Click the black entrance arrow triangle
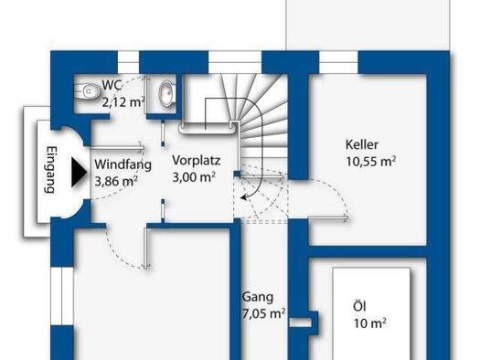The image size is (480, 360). (79, 172)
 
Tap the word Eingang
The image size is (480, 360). (51, 170)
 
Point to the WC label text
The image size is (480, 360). (112, 85)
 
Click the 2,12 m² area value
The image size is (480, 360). (123, 101)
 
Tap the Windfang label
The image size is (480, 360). (123, 164)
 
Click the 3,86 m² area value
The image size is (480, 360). (116, 181)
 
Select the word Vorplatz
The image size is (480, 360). (197, 161)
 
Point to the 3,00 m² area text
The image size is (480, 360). (194, 176)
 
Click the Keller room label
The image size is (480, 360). (362, 144)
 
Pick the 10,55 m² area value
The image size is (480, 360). (371, 161)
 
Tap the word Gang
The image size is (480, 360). (258, 297)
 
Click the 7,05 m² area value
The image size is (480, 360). (264, 313)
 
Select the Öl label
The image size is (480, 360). (359, 306)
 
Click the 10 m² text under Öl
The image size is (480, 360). (369, 323)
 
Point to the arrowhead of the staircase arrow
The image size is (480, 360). (244, 197)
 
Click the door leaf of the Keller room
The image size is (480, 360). (327, 217)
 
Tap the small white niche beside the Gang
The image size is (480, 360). (300, 323)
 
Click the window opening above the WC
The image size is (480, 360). (128, 62)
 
